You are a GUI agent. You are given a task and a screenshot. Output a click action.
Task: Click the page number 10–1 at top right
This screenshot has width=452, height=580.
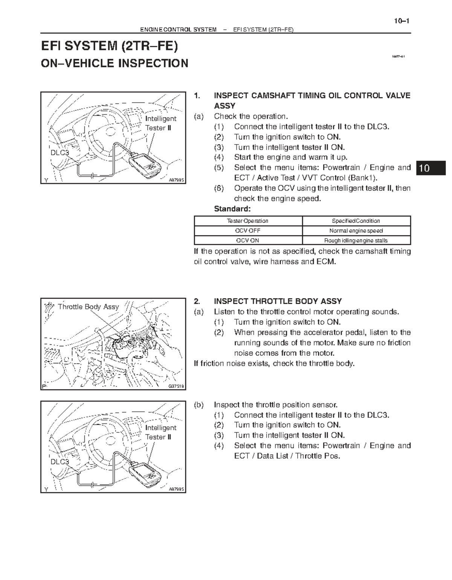pyautogui.click(x=402, y=21)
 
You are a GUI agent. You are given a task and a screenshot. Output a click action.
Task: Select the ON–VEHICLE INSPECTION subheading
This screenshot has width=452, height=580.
pyautogui.click(x=114, y=63)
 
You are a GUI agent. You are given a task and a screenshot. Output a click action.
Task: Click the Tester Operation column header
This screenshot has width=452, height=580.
pyautogui.click(x=247, y=221)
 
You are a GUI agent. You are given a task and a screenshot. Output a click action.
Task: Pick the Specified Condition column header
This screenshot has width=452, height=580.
pyautogui.click(x=356, y=221)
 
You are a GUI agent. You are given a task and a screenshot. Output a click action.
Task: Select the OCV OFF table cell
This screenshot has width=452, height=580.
pyautogui.click(x=247, y=231)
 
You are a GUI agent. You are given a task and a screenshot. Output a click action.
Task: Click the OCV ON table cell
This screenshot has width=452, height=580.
pyautogui.click(x=247, y=241)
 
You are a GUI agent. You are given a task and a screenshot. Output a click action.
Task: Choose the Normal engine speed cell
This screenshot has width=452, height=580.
pyautogui.click(x=356, y=231)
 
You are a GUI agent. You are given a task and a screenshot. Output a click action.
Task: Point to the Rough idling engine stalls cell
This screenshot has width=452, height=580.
pyautogui.click(x=356, y=241)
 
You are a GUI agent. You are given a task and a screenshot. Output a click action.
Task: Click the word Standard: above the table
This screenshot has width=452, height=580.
pyautogui.click(x=232, y=209)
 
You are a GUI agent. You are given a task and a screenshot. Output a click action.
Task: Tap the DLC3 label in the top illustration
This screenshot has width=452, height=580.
pyautogui.click(x=60, y=153)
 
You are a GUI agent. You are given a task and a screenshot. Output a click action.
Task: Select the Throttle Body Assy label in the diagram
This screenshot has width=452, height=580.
pyautogui.click(x=88, y=307)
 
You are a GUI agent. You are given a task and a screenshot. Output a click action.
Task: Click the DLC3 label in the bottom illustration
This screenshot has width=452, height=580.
pyautogui.click(x=60, y=462)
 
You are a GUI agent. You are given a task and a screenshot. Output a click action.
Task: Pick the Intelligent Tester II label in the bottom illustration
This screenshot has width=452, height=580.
pyautogui.click(x=160, y=432)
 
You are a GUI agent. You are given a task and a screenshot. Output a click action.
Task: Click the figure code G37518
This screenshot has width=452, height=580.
pyautogui.click(x=176, y=386)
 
